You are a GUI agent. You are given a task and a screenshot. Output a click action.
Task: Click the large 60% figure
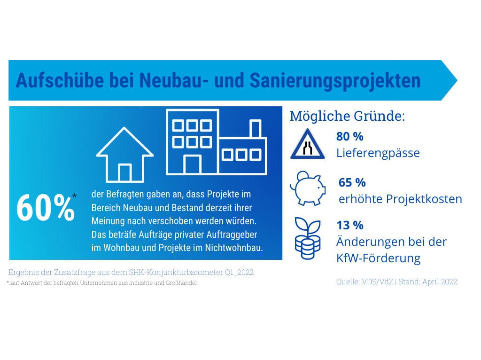coord(46,208)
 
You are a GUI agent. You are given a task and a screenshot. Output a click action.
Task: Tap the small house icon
coord(124,155)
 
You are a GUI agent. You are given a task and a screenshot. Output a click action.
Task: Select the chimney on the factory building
coord(256,129)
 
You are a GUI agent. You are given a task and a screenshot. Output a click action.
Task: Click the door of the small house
coord(124,172)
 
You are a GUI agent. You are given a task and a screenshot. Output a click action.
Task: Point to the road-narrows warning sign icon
coord(308,145)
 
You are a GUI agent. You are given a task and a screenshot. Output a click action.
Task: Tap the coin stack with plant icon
coord(307,239)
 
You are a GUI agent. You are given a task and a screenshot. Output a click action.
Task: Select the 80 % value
coord(349,137)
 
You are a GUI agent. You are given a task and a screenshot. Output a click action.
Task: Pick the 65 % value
coord(352,182)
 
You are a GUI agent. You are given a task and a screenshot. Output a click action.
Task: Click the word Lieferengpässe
coord(378,153)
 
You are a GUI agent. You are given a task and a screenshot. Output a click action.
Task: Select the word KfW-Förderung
coord(378,258)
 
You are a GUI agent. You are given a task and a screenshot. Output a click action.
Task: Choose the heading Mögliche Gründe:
coord(347,116)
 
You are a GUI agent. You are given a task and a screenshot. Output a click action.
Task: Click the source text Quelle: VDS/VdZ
coord(365,282)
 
